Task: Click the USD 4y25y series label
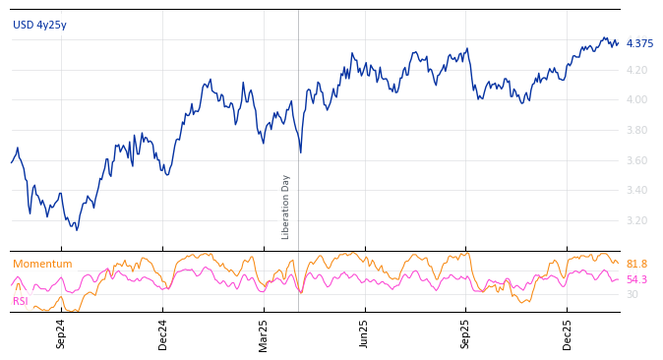(39, 26)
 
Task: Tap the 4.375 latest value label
(639, 43)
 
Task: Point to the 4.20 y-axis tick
(637, 70)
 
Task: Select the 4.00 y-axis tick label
(637, 99)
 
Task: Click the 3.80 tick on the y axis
(637, 130)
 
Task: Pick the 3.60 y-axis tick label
(637, 160)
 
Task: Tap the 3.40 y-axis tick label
(637, 190)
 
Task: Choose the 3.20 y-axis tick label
(637, 220)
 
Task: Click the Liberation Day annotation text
(286, 207)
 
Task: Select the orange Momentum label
(42, 264)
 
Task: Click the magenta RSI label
(21, 301)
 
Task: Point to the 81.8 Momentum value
(636, 264)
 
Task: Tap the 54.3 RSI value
(636, 279)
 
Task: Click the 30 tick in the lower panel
(633, 294)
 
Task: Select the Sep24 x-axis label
(61, 333)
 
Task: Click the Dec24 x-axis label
(163, 333)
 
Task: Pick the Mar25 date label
(264, 333)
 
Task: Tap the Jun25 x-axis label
(364, 333)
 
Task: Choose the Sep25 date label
(465, 333)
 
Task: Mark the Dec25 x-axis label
(568, 333)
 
